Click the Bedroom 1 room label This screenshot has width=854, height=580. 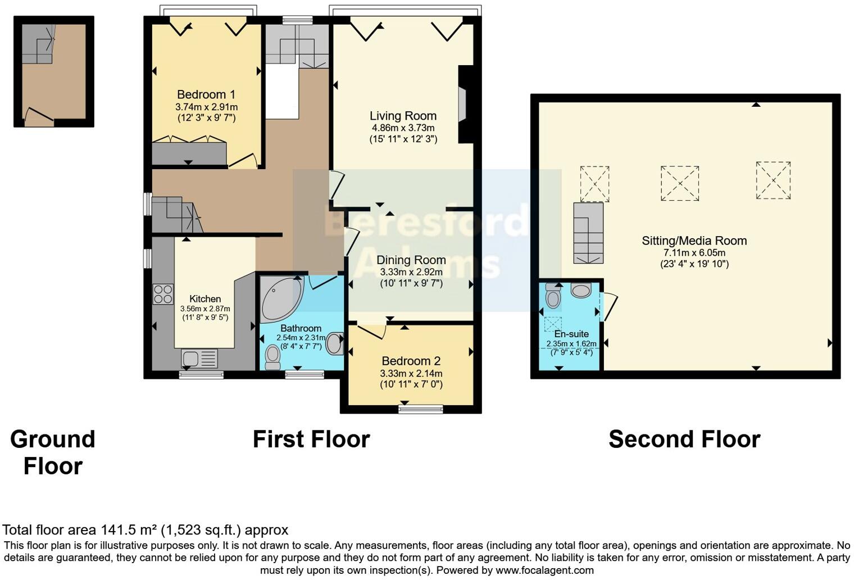click(x=206, y=94)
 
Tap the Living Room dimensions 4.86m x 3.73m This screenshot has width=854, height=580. click(x=403, y=128)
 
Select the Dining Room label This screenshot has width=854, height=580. click(x=411, y=260)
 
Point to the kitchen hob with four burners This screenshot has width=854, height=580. click(x=163, y=294)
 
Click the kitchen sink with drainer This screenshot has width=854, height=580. click(x=199, y=358)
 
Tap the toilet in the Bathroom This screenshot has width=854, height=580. click(x=273, y=357)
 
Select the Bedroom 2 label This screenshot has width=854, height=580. click(x=411, y=361)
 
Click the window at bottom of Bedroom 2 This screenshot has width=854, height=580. click(x=420, y=409)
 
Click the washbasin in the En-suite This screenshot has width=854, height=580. click(x=581, y=291)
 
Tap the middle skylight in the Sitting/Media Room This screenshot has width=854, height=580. click(x=680, y=183)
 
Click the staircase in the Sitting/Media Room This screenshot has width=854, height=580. click(x=588, y=233)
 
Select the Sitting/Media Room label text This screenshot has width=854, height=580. click(x=694, y=241)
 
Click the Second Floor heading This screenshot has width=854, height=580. click(x=684, y=439)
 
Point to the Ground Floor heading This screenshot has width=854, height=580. click(x=53, y=452)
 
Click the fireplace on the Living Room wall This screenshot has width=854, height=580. click(x=462, y=104)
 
